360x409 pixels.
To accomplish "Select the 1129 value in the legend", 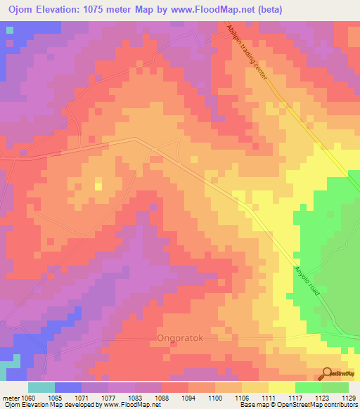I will coord(349,398).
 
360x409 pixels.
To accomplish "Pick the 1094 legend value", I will coord(188,398).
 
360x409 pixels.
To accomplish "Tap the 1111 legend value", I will coord(269,398).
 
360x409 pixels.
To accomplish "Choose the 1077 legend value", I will coord(108,398).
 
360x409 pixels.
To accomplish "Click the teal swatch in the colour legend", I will coord(41,387).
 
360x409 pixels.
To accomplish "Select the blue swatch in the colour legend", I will coord(68,387).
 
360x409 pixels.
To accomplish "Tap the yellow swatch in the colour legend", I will coord(281,387).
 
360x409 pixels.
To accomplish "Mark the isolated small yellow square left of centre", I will coord(98,186).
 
